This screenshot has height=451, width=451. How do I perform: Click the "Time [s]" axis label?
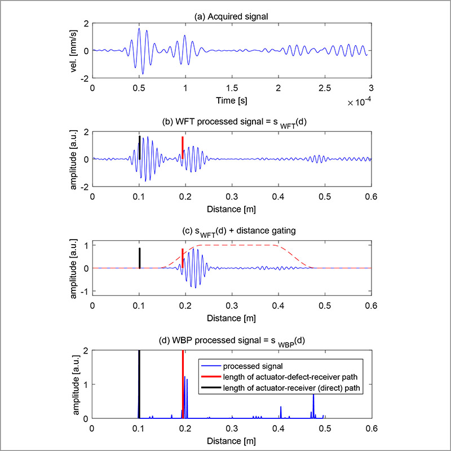231,99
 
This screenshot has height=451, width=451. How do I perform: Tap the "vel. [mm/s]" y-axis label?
73,51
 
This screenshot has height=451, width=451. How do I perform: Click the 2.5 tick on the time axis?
324,89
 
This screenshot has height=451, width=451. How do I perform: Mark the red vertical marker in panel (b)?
182,145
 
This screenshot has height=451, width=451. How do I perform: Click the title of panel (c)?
231,233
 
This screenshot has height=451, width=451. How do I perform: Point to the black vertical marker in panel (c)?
139,258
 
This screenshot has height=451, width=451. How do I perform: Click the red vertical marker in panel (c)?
182,258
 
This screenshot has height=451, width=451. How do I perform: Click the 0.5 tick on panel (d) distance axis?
324,427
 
